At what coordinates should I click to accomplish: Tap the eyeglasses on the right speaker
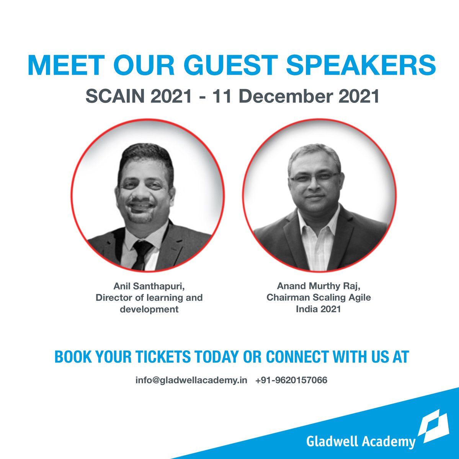point(314,177)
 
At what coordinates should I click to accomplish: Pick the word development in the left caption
point(149,309)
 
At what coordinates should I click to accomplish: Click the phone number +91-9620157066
point(291,381)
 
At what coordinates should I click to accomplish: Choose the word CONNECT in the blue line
point(297,357)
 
